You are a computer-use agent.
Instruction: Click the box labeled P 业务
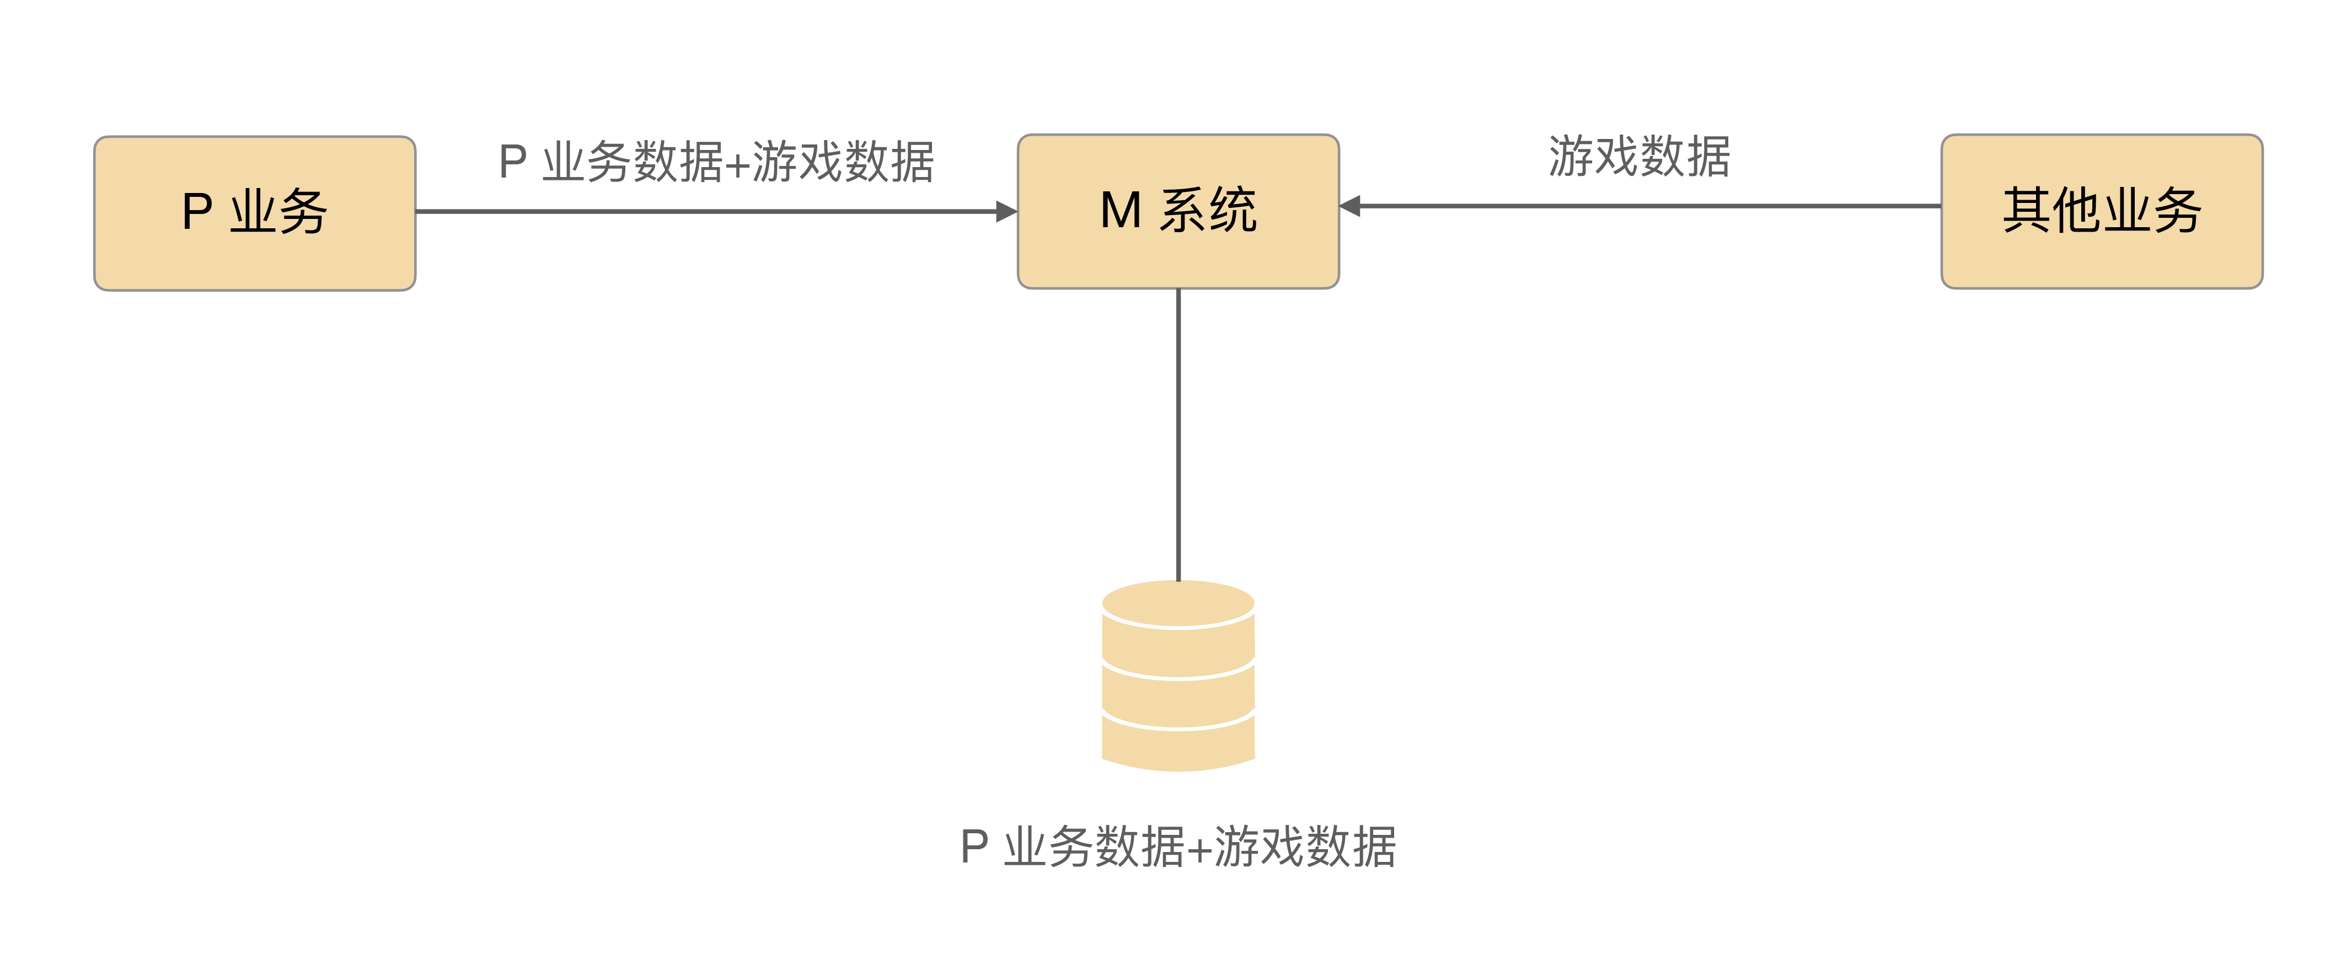[x=254, y=213]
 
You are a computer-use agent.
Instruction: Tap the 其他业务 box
[x=2101, y=212]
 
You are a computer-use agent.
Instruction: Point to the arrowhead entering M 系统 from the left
[x=1007, y=212]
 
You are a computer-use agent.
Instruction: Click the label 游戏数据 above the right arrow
[x=1640, y=157]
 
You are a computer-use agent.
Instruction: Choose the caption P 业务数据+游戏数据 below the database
[x=1178, y=847]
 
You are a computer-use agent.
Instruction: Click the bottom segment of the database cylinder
[x=1178, y=747]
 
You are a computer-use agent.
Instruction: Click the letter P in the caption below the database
[x=974, y=847]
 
